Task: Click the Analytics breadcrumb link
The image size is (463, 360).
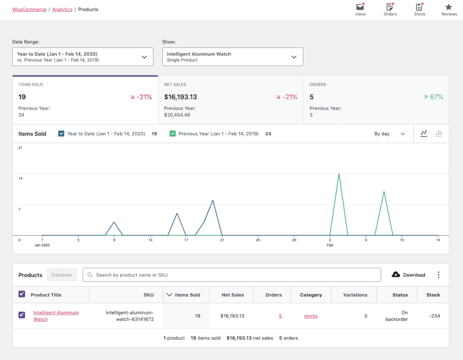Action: tap(62, 9)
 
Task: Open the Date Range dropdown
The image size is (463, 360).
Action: tap(82, 57)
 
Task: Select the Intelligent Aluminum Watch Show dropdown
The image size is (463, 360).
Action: tap(232, 57)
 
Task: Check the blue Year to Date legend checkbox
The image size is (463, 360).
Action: tap(61, 134)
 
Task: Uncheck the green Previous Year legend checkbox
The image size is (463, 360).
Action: tap(173, 134)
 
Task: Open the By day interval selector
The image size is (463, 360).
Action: tap(389, 134)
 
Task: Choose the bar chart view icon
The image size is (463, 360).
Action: tap(438, 134)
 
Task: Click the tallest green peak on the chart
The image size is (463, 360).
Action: tap(339, 174)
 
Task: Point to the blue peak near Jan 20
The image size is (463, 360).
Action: tap(213, 200)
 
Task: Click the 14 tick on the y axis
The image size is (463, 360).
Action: tap(20, 178)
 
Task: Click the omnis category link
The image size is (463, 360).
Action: tap(311, 316)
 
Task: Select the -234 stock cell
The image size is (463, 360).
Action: tap(433, 316)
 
